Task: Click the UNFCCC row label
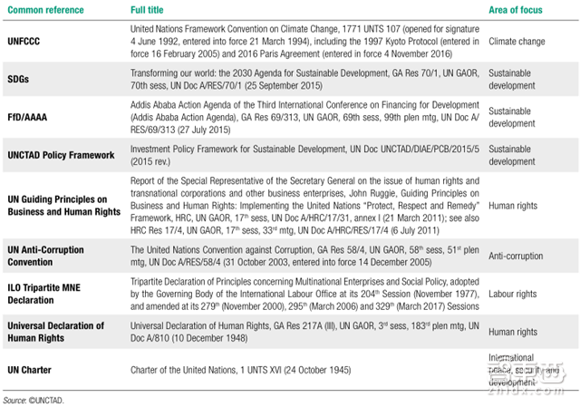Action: [x=24, y=42]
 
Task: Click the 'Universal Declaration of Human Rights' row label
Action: [x=56, y=331]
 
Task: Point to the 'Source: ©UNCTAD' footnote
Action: [x=35, y=400]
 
